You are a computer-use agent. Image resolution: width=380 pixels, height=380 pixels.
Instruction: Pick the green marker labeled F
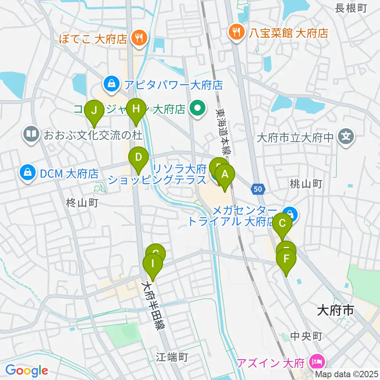(286, 260)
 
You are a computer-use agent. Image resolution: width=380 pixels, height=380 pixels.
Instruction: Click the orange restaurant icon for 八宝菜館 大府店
(237, 32)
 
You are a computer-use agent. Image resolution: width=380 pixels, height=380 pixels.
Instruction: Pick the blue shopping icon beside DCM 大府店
(28, 173)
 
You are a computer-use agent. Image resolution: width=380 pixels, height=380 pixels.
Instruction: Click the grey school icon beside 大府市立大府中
(346, 138)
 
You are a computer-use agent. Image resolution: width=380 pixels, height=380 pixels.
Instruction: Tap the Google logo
(27, 370)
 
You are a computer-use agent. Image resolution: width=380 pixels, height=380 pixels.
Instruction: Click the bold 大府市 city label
(335, 310)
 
